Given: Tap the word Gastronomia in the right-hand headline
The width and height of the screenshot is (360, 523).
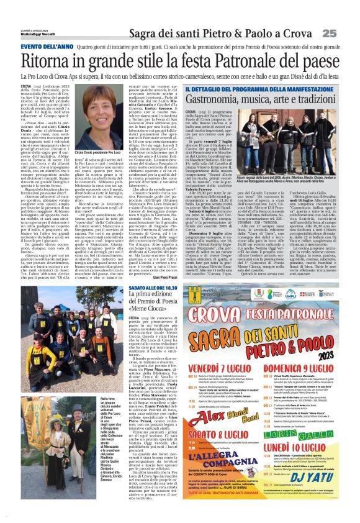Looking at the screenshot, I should pos(220,98).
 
